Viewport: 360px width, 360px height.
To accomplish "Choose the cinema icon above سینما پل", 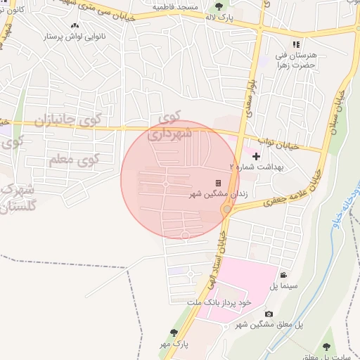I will tap(283, 276).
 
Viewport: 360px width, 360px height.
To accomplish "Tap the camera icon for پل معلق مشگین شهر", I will tap(269, 314).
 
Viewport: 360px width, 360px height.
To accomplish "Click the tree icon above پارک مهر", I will tap(174, 333).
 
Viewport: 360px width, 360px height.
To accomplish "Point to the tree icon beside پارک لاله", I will tap(219, 6).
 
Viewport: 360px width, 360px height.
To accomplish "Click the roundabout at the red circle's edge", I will tap(227, 210).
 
